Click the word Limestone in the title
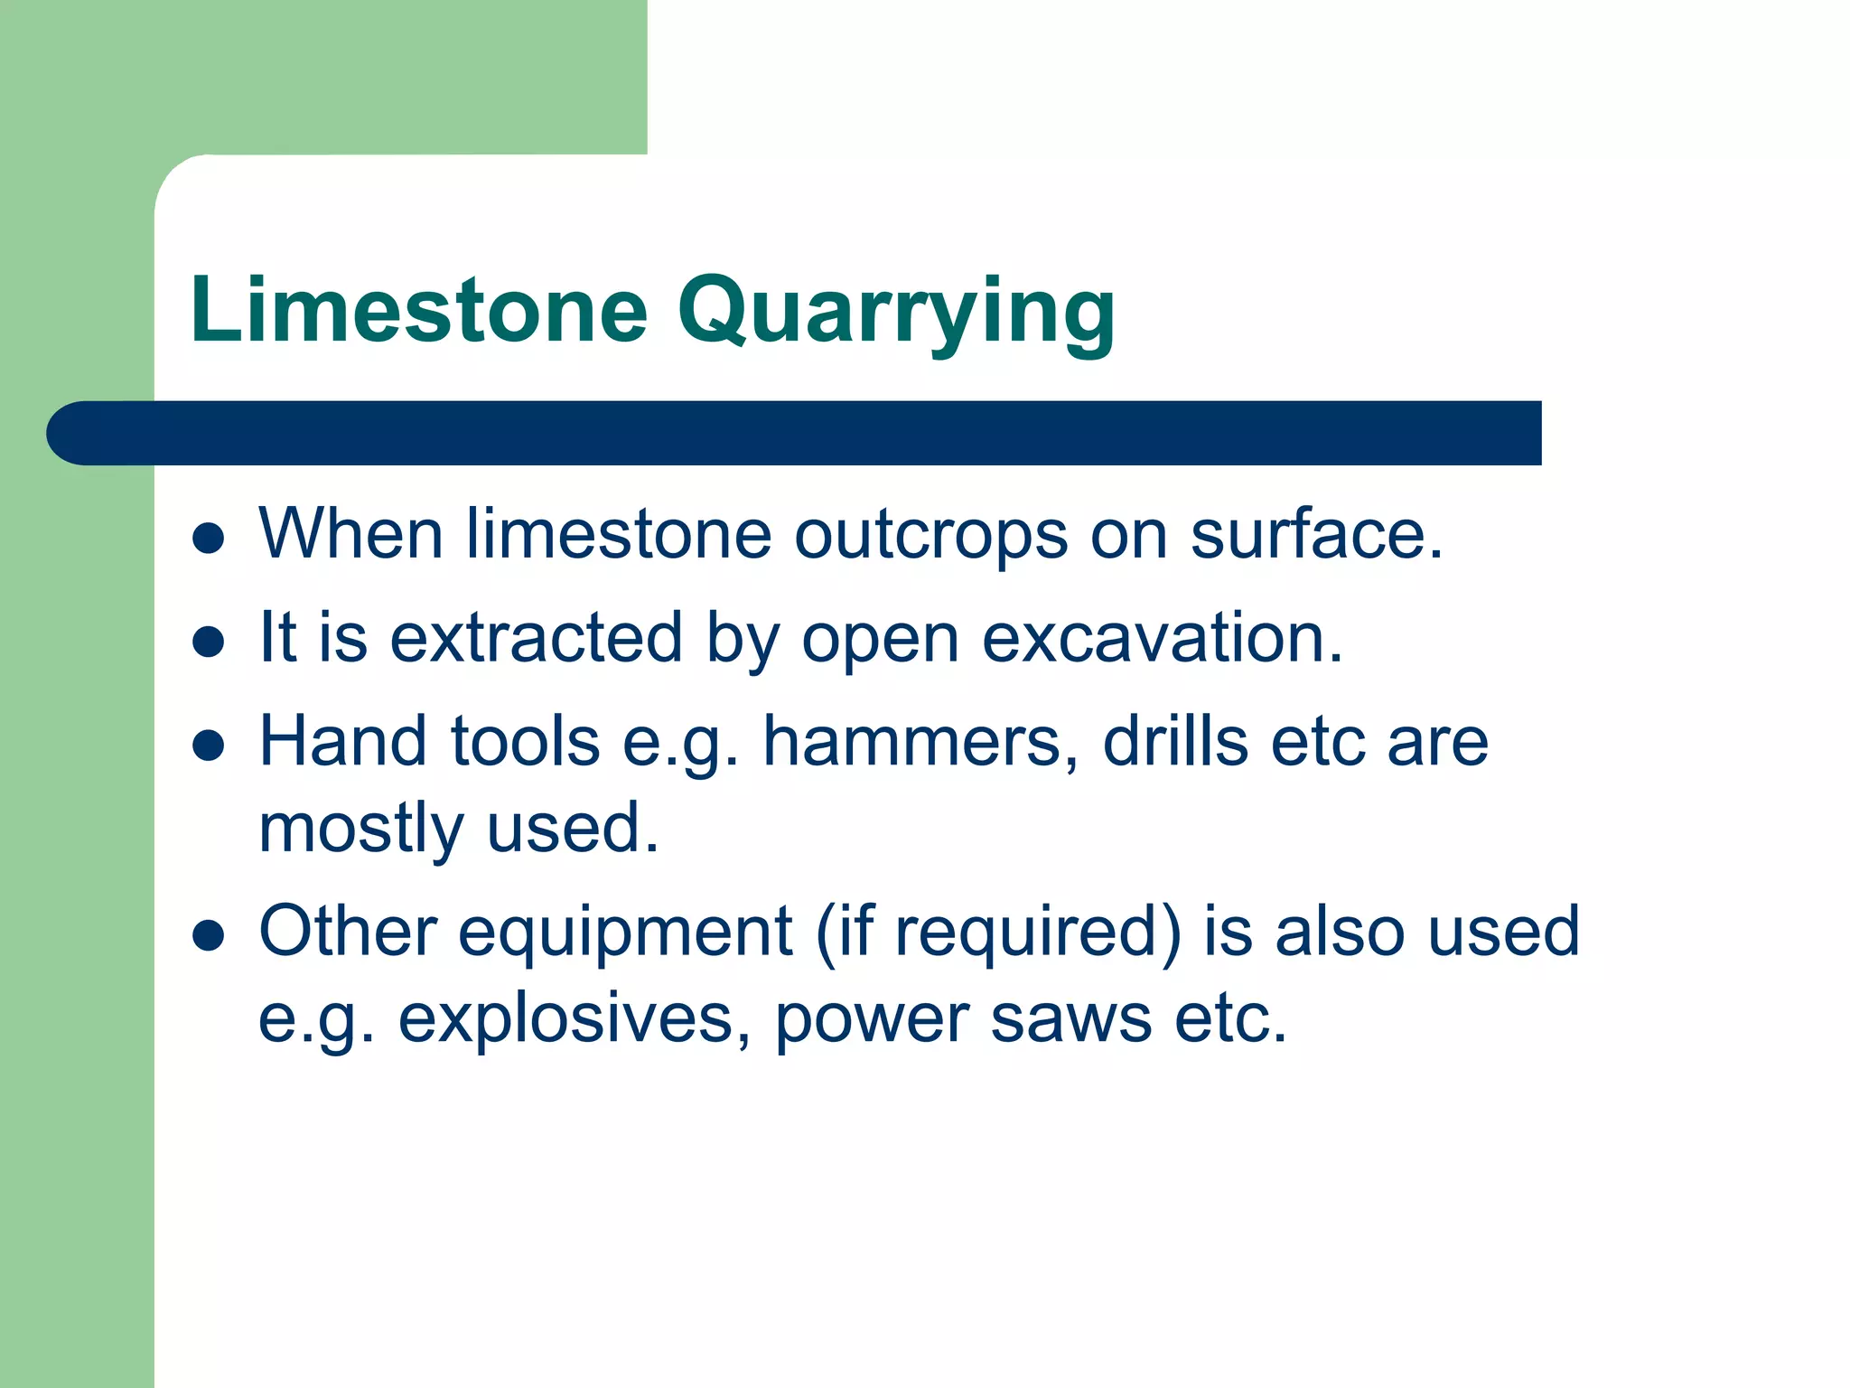418,310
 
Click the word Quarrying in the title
895,312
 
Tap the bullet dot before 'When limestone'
209,538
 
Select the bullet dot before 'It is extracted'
209,642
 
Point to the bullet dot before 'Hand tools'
209,746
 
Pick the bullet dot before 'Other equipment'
209,935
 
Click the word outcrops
930,535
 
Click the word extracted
535,638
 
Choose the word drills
1175,742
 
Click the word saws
1070,1019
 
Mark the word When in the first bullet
350,535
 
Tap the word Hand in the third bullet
342,742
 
